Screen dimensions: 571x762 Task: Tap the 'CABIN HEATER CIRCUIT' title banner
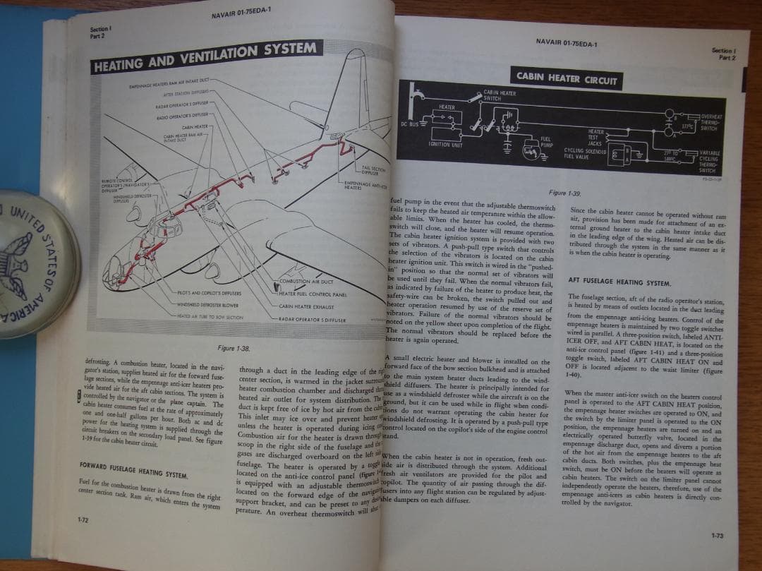[x=567, y=78]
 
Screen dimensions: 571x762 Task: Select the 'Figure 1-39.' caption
[x=566, y=193]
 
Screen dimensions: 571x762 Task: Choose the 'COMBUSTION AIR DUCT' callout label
[x=306, y=282]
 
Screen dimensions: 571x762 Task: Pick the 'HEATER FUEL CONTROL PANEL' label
[x=313, y=294]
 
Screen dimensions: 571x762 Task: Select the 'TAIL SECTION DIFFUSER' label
[x=371, y=170]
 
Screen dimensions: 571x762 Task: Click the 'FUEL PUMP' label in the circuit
[x=545, y=141]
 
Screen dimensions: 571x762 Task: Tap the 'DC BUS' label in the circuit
[x=409, y=124]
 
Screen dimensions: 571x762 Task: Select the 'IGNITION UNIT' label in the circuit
[x=445, y=144]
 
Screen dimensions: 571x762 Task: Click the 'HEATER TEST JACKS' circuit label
[x=595, y=137]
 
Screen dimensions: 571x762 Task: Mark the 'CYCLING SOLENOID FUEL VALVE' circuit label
[x=583, y=153]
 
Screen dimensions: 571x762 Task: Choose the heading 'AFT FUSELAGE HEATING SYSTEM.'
[x=619, y=282]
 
